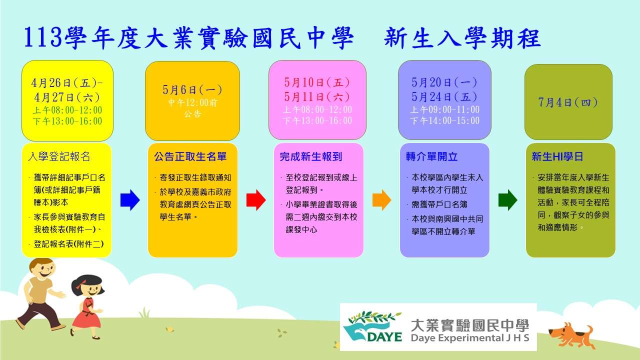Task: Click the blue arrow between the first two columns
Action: [130, 200]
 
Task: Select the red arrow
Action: [256, 200]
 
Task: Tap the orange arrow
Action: [381, 200]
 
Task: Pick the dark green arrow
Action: [507, 200]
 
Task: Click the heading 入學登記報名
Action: [59, 156]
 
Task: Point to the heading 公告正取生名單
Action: [190, 156]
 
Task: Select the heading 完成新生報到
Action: [311, 156]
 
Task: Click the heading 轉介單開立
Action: [431, 156]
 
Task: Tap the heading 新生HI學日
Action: [557, 156]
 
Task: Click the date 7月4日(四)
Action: [568, 102]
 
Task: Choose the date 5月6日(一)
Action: [192, 89]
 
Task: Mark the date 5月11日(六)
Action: [317, 97]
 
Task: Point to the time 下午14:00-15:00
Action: [444, 120]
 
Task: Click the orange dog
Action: [571, 335]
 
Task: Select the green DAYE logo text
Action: [384, 336]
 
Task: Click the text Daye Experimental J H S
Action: [470, 337]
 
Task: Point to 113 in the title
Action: [43, 37]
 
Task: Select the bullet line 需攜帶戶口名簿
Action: [439, 204]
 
